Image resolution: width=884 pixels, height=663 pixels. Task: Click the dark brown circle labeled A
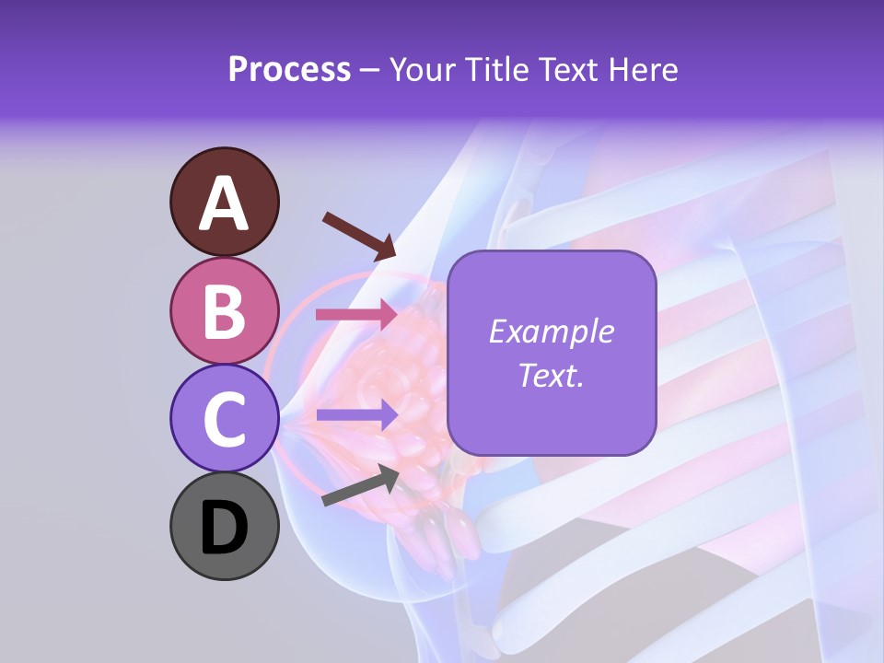coord(224,202)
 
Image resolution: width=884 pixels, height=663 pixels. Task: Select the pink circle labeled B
coord(224,310)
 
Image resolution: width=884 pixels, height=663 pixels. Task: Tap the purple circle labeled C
coord(224,417)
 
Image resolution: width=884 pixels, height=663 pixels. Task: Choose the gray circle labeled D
coord(224,526)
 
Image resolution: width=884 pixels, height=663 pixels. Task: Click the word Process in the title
coord(289,69)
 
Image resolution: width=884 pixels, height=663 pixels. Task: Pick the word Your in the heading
coord(423,69)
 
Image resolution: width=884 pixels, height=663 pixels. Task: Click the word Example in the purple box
coord(551,331)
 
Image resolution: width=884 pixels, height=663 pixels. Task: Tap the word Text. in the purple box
coord(551,375)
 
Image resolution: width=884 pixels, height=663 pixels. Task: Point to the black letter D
coord(224,528)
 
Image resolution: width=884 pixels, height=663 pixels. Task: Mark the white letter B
coord(224,311)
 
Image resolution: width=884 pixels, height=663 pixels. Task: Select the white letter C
coord(224,419)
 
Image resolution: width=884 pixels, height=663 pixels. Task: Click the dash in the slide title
coord(370,71)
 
